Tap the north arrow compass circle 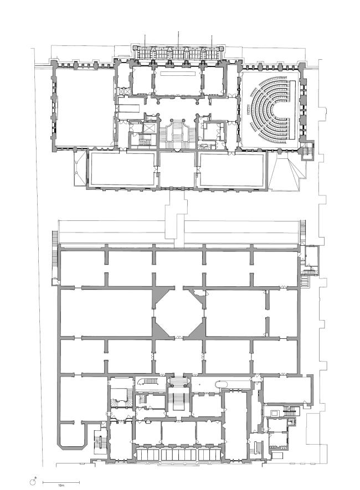pyautogui.click(x=32, y=483)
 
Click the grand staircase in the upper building pyautogui.click(x=177, y=133)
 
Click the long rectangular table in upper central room pyautogui.click(x=177, y=73)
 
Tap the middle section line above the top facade pyautogui.click(x=178, y=39)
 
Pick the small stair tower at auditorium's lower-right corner pyautogui.click(x=306, y=151)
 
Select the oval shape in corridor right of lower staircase pyautogui.click(x=220, y=385)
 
